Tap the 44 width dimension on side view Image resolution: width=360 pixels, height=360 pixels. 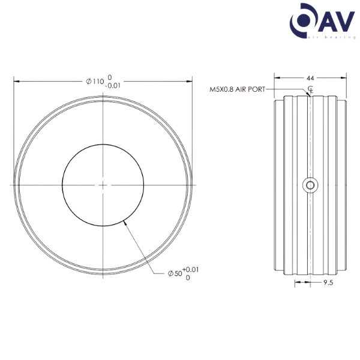[310, 78]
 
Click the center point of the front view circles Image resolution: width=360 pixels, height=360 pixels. [103, 186]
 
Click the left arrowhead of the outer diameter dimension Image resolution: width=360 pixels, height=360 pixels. [15, 80]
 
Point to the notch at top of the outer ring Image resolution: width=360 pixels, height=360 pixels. [103, 98]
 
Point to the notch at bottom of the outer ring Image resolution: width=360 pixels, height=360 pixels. [103, 274]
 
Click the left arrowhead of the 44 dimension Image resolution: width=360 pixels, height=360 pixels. [275, 77]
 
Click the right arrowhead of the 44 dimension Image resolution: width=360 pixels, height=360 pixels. [346, 77]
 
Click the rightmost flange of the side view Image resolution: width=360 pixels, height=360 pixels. [343, 186]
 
